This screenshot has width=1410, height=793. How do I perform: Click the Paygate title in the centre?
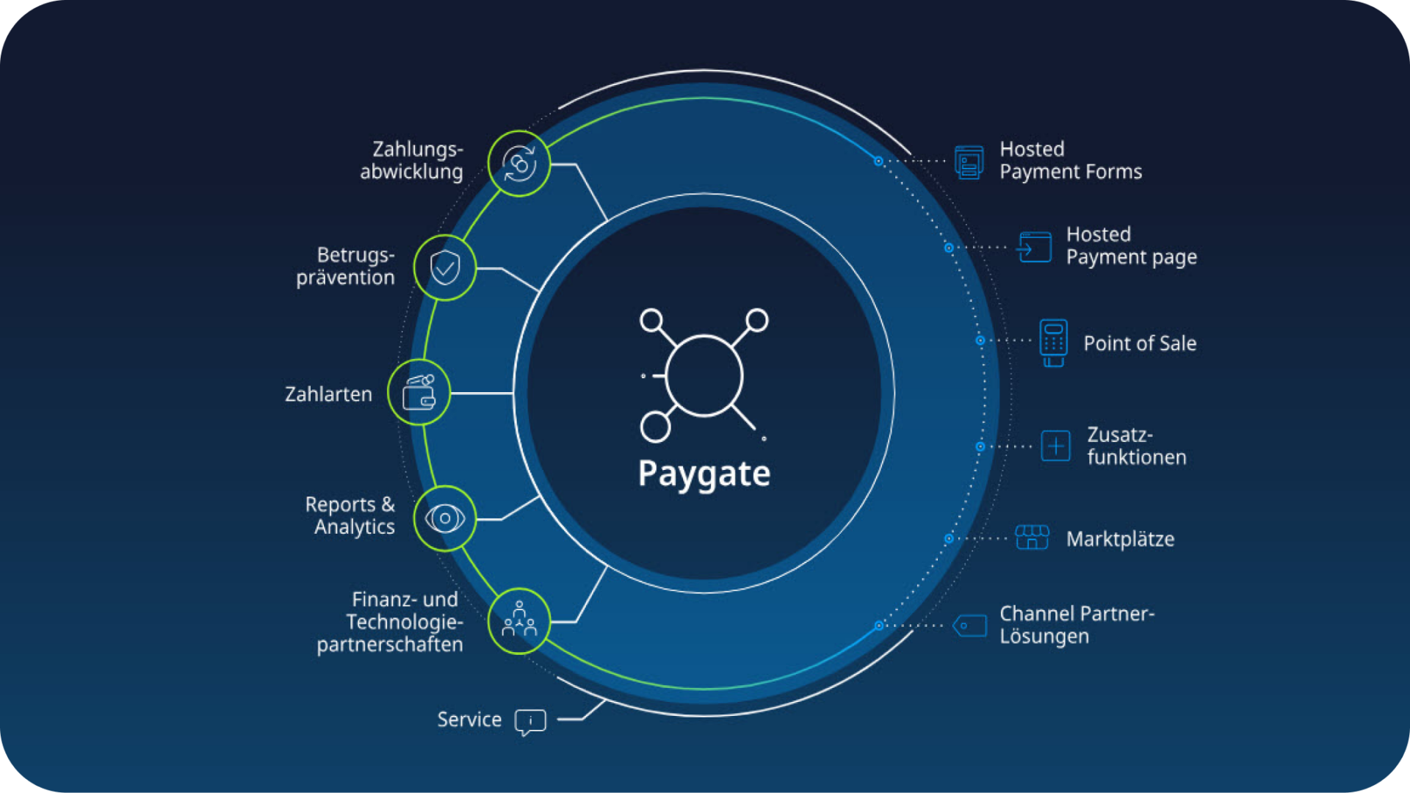[704, 474]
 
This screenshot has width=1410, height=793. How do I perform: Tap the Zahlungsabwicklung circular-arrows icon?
[519, 164]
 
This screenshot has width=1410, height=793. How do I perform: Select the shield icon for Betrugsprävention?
[445, 267]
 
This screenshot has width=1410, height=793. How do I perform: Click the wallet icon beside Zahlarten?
[419, 393]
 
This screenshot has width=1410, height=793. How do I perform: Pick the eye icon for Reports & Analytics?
[445, 518]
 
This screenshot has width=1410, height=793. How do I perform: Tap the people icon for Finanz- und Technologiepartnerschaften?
[519, 621]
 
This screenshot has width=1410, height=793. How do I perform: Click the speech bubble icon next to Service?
[530, 721]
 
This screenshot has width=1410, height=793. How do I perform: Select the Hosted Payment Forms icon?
[969, 162]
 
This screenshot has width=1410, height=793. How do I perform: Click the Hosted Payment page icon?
[1034, 247]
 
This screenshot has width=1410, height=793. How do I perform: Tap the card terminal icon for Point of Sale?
[1053, 342]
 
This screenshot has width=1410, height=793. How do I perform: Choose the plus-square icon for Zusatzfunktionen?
[1055, 446]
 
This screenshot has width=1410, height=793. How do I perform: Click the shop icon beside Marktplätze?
[1032, 537]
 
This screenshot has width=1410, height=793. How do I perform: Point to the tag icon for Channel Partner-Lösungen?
[969, 626]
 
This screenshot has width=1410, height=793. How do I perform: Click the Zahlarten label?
[328, 394]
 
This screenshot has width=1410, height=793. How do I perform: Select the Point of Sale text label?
[1140, 344]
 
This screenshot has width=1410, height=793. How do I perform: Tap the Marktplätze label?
[1120, 539]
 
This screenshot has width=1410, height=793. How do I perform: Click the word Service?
[469, 720]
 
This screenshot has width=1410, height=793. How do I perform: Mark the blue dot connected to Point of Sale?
[980, 341]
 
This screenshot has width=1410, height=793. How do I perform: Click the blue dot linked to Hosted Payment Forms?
[878, 161]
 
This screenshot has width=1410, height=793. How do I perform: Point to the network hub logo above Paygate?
[704, 375]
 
